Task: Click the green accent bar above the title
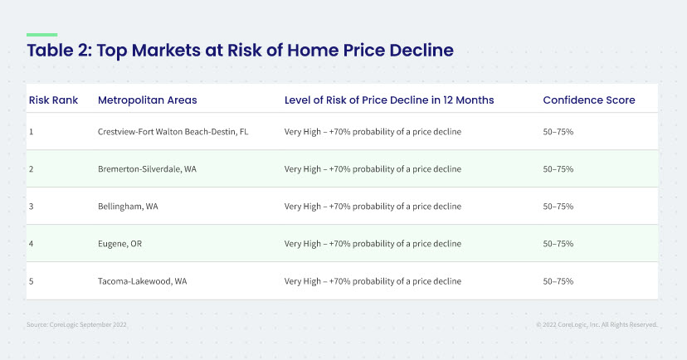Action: click(x=42, y=35)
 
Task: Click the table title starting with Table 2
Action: click(x=240, y=51)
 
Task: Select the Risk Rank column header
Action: click(x=53, y=100)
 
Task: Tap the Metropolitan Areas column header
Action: click(x=147, y=100)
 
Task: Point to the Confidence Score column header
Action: click(x=589, y=100)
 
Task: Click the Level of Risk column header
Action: click(x=389, y=100)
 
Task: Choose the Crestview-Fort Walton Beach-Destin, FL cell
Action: click(x=173, y=131)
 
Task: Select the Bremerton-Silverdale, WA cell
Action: click(x=147, y=169)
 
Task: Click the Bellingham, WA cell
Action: click(x=128, y=207)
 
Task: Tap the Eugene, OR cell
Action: click(x=119, y=244)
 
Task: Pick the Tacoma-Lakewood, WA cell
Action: click(x=143, y=281)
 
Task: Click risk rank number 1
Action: click(x=31, y=131)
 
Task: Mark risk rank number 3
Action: click(x=31, y=207)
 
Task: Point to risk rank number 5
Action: click(x=31, y=281)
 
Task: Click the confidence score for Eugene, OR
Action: click(x=558, y=244)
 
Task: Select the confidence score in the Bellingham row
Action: click(x=558, y=207)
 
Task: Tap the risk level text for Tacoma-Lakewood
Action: click(x=373, y=281)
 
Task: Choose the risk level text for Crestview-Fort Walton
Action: click(x=373, y=131)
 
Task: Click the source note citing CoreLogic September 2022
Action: click(x=76, y=324)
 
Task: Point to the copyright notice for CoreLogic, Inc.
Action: click(x=597, y=324)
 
